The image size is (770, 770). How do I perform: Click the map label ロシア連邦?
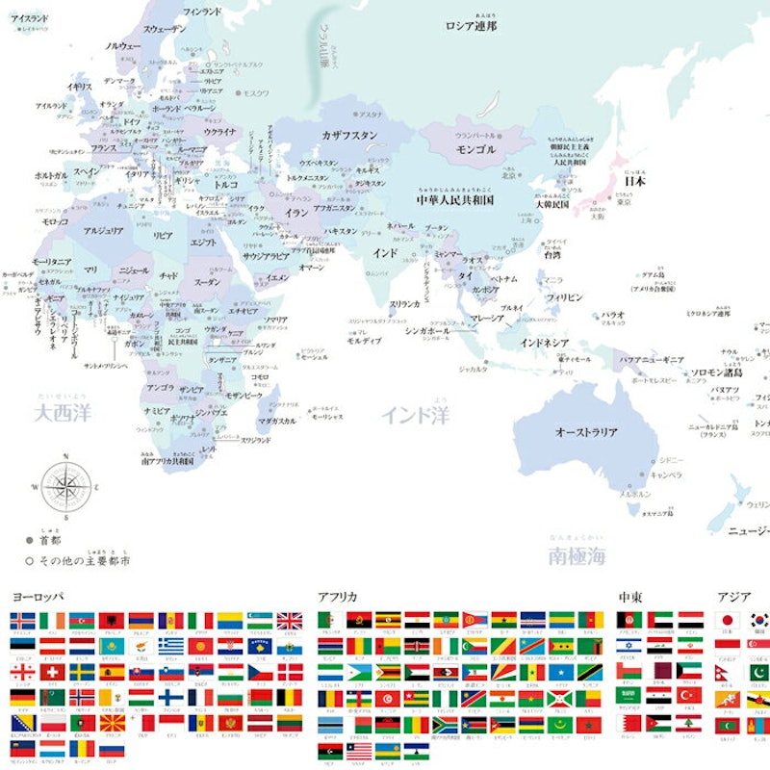tap(471, 27)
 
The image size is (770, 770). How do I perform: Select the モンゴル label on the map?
tap(475, 150)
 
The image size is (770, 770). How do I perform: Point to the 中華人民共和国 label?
tap(454, 201)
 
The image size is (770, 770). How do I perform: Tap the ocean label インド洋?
tap(414, 415)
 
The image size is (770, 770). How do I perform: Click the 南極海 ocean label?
tap(577, 555)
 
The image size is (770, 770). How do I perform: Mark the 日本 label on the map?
tap(634, 181)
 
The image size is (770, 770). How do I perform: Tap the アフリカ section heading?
tap(337, 597)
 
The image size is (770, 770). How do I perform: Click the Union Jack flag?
tap(289, 621)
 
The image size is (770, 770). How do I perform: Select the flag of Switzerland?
tap(51, 671)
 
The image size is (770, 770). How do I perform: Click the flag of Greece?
tap(171, 645)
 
